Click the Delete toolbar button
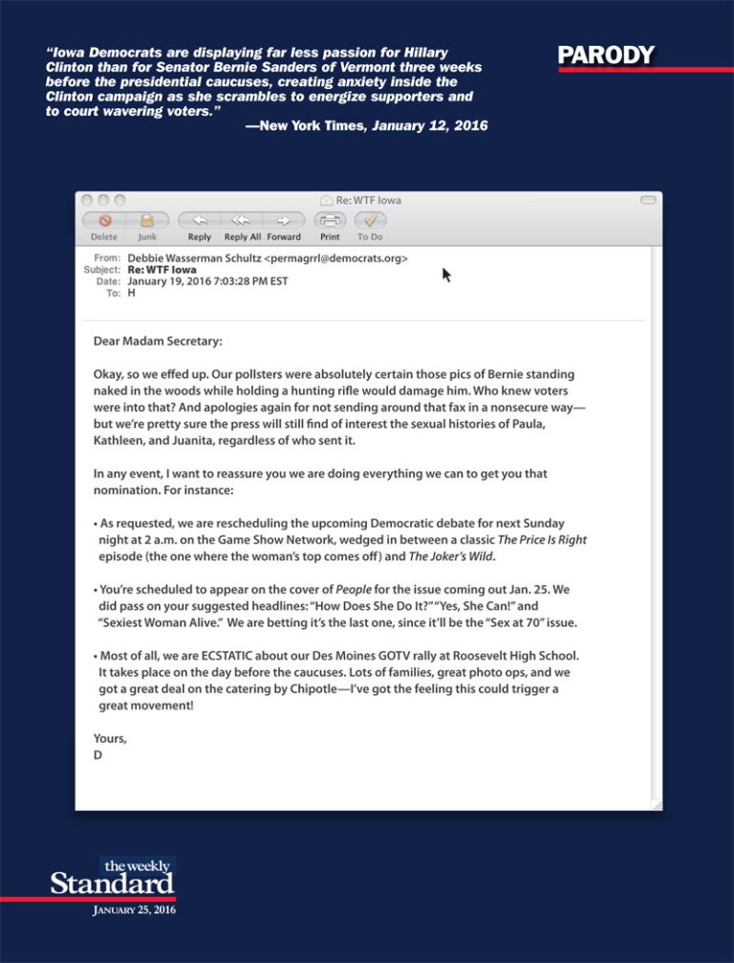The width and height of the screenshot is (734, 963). [104, 220]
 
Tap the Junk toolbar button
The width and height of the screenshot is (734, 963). [147, 220]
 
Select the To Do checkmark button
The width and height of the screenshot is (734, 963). [370, 220]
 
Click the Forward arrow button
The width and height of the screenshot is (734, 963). [284, 220]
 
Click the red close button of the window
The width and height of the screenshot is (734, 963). [87, 201]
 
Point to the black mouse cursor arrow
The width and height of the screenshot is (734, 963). [446, 275]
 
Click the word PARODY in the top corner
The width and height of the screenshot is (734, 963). [606, 55]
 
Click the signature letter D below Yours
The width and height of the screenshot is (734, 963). [97, 755]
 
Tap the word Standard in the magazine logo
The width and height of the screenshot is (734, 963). [112, 883]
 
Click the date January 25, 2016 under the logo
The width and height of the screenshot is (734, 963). [134, 910]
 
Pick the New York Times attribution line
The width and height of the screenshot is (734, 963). [366, 125]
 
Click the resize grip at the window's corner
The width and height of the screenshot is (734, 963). [655, 804]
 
